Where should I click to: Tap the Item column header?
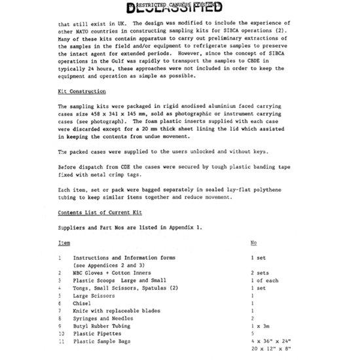(63, 243)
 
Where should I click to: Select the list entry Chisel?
(82, 302)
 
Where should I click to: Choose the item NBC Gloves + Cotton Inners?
(112, 272)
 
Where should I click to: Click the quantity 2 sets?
(261, 272)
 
